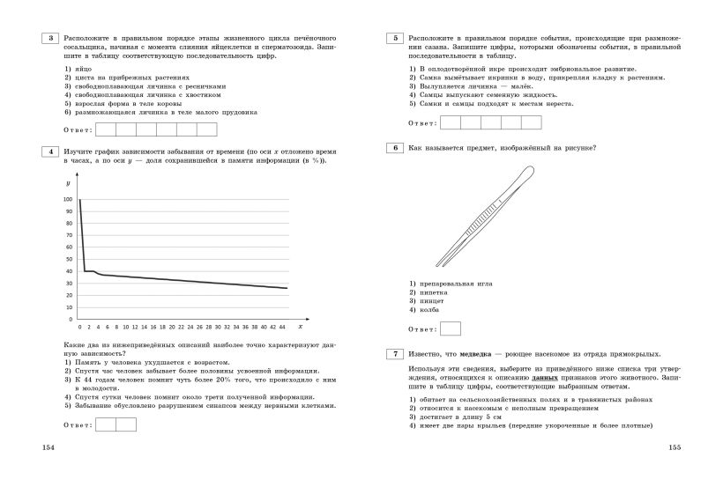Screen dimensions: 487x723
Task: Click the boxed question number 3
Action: [51, 38]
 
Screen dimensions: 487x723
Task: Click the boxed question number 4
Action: [51, 151]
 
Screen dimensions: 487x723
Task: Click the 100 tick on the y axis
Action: [68, 200]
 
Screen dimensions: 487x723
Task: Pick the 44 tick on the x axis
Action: [282, 327]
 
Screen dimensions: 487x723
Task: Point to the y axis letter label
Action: [68, 182]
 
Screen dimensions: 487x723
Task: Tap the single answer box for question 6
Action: [450, 329]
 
